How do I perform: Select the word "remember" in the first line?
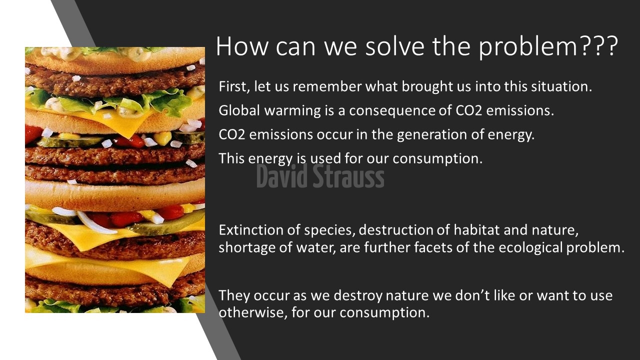coord(327,86)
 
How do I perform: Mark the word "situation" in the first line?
coord(561,86)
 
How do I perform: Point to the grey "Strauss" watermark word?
coord(348,176)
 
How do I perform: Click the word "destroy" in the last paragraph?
coord(357,295)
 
